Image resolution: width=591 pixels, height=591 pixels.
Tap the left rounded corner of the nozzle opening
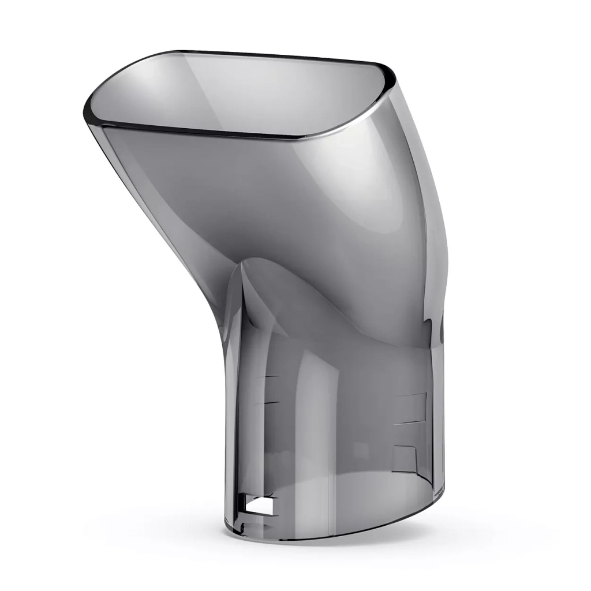pyautogui.click(x=92, y=112)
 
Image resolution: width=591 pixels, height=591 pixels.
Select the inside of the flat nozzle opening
pyautogui.click(x=242, y=92)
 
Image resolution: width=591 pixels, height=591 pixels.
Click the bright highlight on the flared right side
pyautogui.click(x=369, y=190)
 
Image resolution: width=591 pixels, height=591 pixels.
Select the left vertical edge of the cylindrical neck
pyautogui.click(x=226, y=404)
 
